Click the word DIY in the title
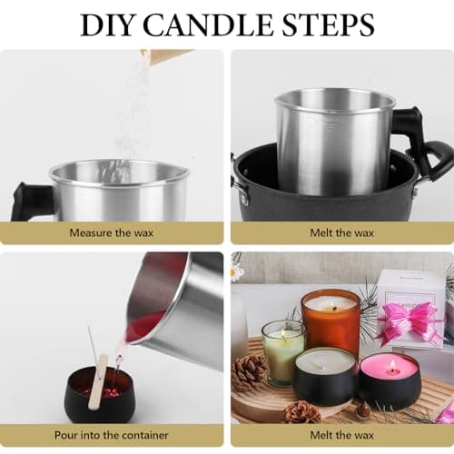coord(107,25)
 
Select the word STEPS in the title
coord(328,25)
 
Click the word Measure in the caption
coord(91,232)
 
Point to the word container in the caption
coord(145,435)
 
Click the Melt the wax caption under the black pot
coord(342,232)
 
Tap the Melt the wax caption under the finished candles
coord(342,435)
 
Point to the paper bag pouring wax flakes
coord(165,57)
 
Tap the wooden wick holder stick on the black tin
coord(98,382)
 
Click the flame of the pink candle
coord(393,365)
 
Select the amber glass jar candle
coord(331,321)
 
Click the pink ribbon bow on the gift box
coord(407,322)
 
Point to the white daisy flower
coord(237,271)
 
